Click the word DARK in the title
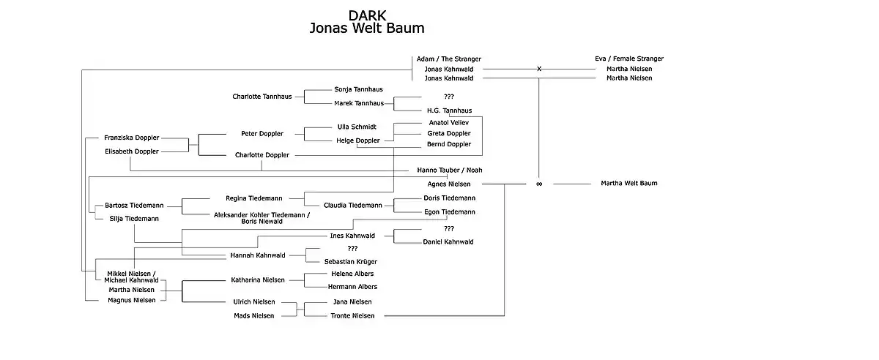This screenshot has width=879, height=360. (x=367, y=15)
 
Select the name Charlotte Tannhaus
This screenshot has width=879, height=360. (x=262, y=97)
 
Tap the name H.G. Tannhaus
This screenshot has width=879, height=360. (x=449, y=110)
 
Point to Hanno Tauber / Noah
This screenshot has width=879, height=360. (x=450, y=170)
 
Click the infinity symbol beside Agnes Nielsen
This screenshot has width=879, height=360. (x=539, y=184)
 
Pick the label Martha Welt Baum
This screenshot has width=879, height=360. (x=629, y=183)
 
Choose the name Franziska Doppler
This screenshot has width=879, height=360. (x=131, y=138)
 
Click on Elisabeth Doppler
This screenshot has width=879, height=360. (x=131, y=151)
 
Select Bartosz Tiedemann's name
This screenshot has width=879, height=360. (x=134, y=206)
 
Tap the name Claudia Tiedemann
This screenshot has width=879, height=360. (x=353, y=205)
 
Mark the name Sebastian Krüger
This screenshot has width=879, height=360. (x=350, y=261)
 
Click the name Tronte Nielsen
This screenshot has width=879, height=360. (x=352, y=315)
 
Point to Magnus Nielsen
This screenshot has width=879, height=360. (x=131, y=300)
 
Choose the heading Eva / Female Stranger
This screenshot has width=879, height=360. (x=629, y=59)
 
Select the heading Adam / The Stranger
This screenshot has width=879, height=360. (x=448, y=59)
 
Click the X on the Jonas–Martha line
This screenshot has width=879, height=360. (x=539, y=69)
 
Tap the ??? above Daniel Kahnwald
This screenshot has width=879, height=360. (x=449, y=228)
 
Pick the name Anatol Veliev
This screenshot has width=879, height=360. (x=448, y=123)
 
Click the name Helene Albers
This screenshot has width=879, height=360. (x=352, y=274)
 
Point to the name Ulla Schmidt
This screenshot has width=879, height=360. (x=357, y=127)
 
